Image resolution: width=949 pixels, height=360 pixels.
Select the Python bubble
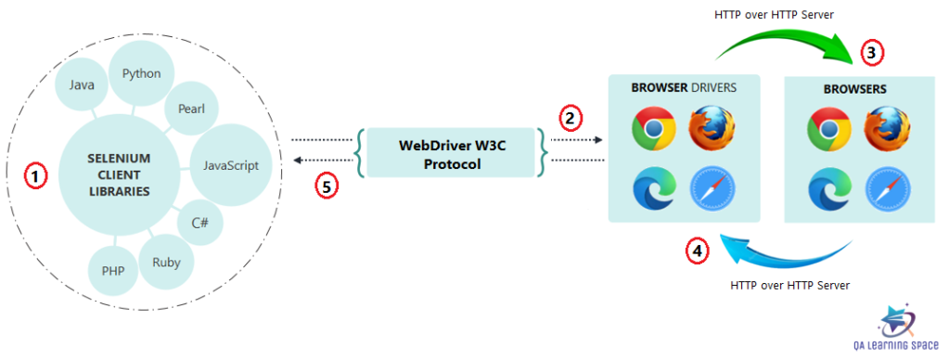coord(141,74)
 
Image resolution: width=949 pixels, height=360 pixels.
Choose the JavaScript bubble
coord(229,166)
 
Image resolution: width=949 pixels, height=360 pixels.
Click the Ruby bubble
coord(166,261)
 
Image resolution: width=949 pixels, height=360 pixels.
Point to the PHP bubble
coord(113,272)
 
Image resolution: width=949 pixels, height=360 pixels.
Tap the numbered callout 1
coord(33,174)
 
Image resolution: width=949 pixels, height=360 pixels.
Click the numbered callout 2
coord(570,118)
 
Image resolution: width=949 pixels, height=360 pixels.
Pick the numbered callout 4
coord(698,251)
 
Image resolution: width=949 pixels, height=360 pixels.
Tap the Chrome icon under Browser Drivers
coord(653,129)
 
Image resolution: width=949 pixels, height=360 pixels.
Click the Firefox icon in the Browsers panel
coord(887,129)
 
